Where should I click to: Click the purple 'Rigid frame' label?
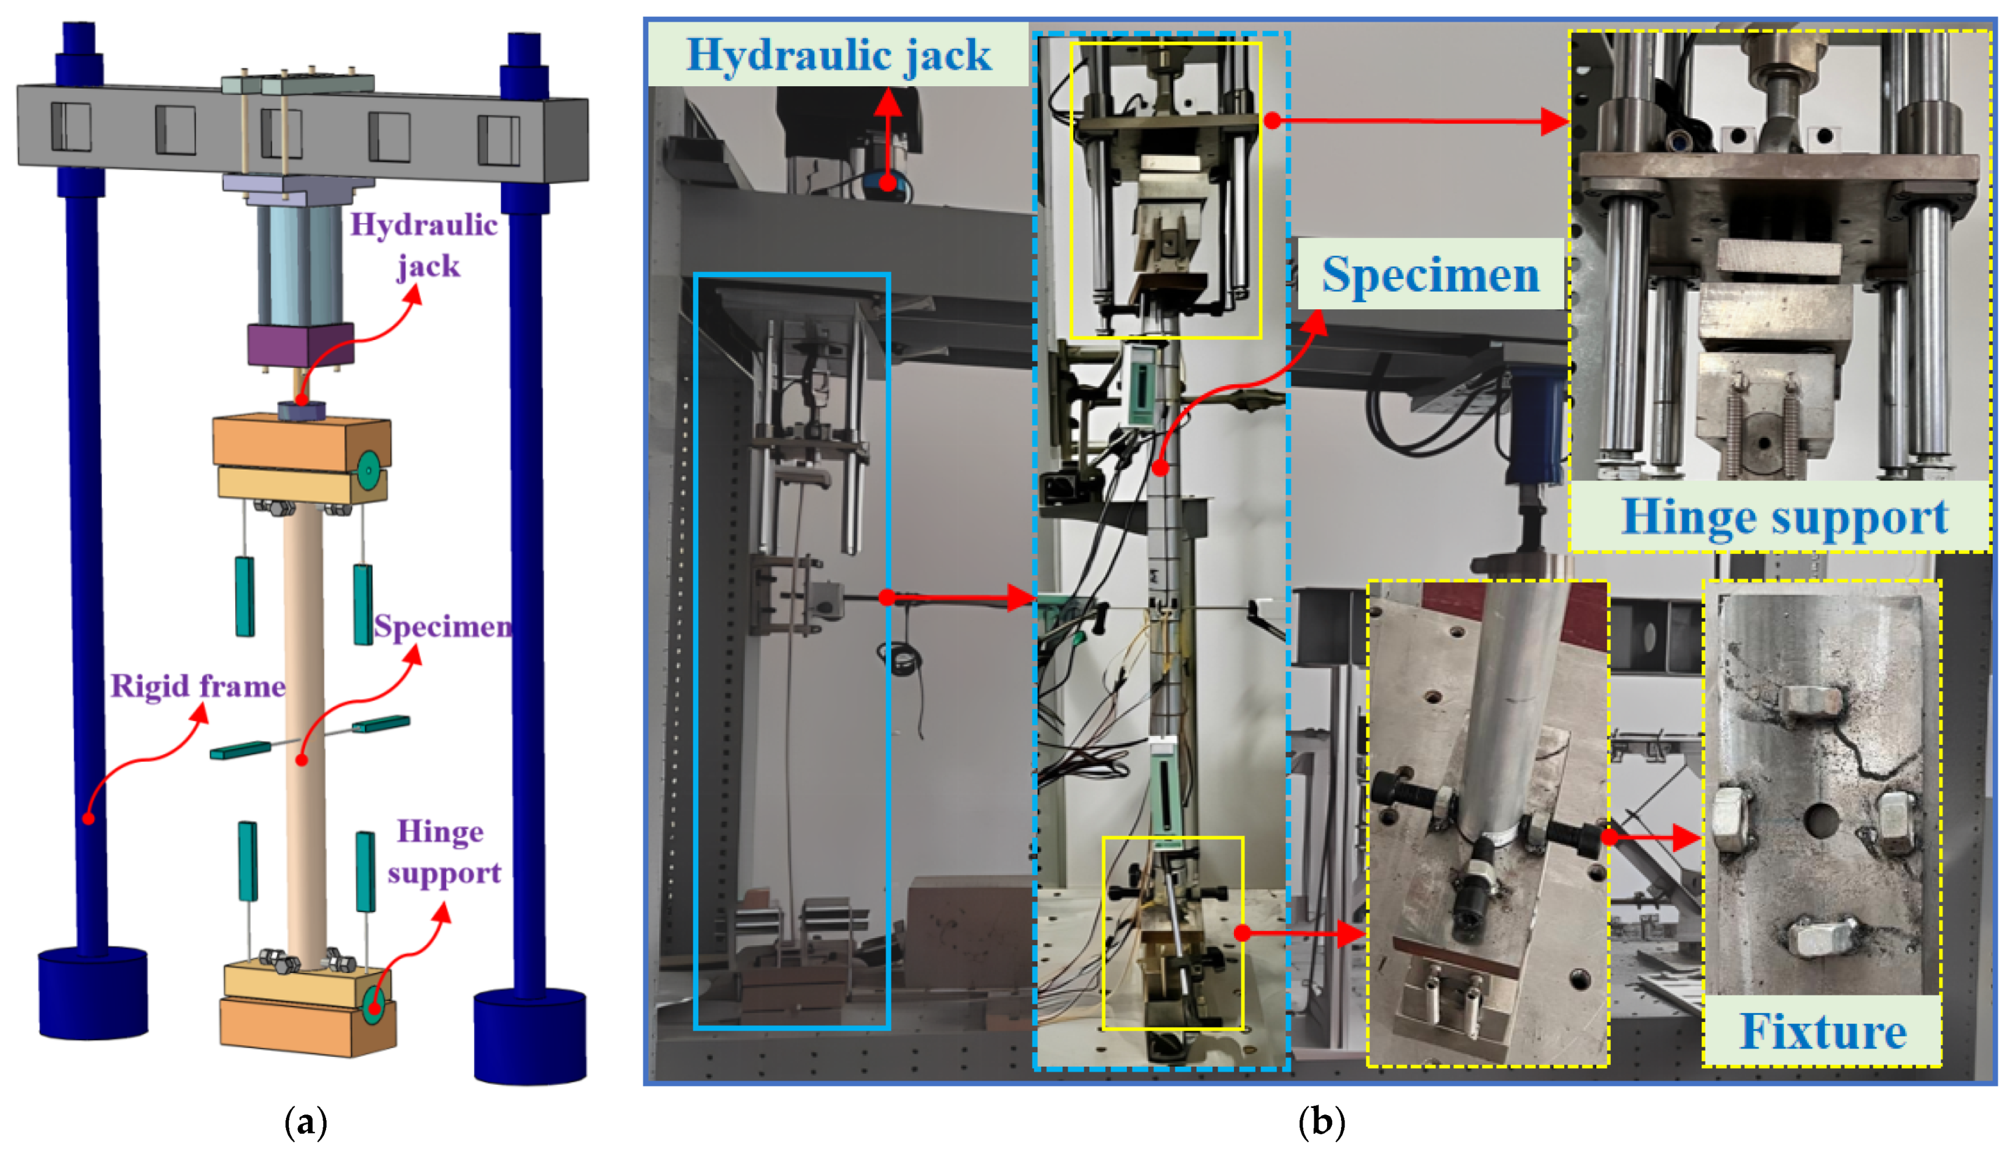click(198, 686)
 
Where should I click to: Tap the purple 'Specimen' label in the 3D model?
click(443, 628)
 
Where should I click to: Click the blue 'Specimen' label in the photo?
click(1430, 275)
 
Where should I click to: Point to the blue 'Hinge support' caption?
click(1785, 517)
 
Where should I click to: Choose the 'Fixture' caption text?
click(1823, 1031)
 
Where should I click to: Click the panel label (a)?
click(306, 1123)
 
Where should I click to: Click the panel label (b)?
click(1321, 1123)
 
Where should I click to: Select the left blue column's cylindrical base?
click(93, 993)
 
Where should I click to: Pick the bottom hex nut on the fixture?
click(1820, 937)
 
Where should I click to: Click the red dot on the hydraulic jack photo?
click(887, 183)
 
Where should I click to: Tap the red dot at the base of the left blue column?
click(88, 818)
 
